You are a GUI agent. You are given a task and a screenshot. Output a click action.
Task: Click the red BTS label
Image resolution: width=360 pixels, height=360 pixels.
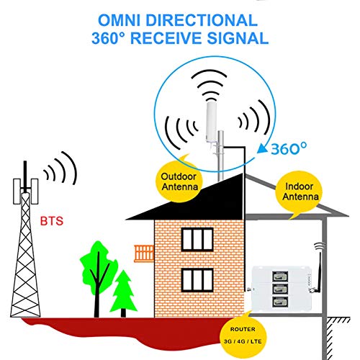(x=52, y=221)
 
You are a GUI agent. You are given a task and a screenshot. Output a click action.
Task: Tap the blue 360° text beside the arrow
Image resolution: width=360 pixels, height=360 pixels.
(x=289, y=148)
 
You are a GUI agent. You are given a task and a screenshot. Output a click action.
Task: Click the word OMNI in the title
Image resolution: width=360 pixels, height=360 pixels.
(x=119, y=20)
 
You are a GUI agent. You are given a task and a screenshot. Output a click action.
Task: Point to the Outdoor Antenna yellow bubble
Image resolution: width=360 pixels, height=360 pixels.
(x=179, y=181)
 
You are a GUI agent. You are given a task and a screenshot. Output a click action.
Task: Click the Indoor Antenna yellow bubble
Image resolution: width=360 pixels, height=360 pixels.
(x=300, y=192)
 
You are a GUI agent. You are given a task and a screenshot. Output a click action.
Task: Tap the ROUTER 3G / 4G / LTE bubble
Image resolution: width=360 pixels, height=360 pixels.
(x=243, y=335)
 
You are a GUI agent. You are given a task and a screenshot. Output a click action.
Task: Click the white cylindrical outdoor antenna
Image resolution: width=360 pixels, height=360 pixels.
(x=211, y=122)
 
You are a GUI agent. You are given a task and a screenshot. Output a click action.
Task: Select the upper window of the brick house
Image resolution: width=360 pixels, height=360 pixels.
(x=197, y=239)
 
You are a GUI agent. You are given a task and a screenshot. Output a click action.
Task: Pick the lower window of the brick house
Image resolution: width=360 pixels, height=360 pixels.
(x=197, y=280)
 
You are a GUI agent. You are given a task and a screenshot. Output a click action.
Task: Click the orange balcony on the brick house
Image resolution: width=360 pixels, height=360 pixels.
(x=144, y=253)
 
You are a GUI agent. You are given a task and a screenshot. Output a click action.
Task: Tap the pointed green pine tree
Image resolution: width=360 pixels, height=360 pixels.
(x=123, y=293)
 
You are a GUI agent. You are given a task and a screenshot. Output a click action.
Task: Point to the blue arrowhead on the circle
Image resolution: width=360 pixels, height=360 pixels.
(x=262, y=148)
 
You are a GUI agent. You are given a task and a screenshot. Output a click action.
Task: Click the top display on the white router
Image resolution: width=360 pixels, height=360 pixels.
(x=280, y=276)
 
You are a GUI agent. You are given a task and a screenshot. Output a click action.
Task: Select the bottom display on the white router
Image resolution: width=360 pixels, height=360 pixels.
(x=280, y=302)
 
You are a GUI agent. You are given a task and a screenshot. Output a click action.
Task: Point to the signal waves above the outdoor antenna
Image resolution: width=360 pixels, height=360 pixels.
(x=209, y=85)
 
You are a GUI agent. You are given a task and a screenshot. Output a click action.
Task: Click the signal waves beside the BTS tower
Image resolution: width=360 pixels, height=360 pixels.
(x=60, y=168)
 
